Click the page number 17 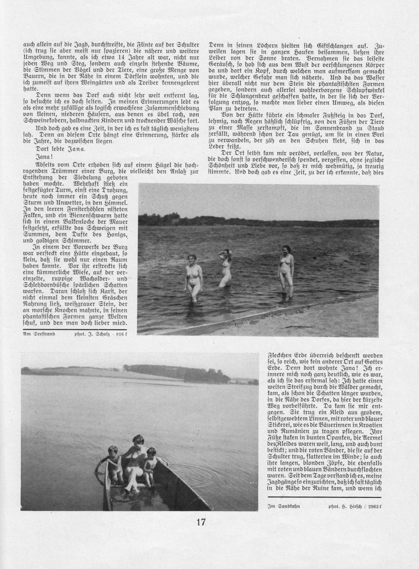pos(201,522)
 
